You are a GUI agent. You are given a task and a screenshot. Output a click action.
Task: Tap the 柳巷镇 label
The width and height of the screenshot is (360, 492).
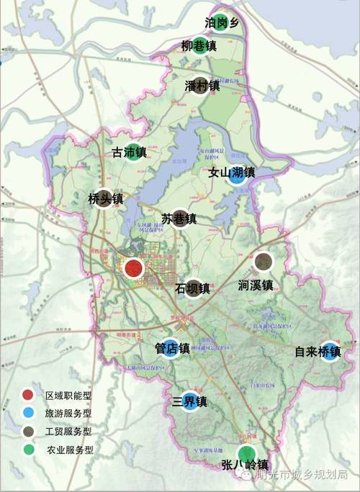(199, 47)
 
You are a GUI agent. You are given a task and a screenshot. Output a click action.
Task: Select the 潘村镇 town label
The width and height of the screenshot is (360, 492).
(202, 87)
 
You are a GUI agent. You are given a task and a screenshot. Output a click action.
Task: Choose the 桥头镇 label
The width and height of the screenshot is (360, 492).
(106, 199)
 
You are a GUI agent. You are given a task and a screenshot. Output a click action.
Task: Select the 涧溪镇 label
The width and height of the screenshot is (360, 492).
(256, 286)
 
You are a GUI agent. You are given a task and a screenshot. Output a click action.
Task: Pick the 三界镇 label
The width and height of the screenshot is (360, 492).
(189, 401)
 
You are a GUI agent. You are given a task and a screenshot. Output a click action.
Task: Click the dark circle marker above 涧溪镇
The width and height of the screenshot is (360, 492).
(264, 262)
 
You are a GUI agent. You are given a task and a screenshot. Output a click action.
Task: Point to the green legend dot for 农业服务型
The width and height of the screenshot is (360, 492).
(27, 450)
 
